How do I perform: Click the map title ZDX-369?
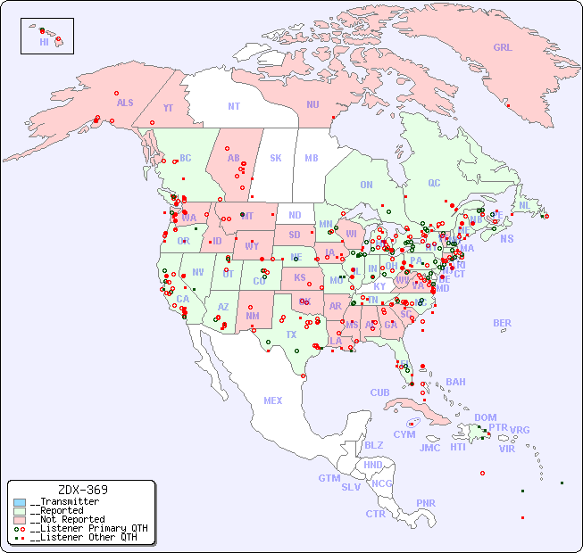(82, 490)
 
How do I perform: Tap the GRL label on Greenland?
(503, 47)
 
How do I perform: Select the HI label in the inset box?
(44, 42)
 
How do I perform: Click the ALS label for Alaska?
(125, 103)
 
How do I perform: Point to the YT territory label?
(168, 108)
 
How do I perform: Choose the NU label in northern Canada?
(312, 104)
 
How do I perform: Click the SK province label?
(276, 158)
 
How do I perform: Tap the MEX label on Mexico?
(273, 400)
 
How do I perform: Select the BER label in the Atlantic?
(503, 323)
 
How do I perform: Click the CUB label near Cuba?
(379, 392)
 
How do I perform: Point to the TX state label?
(291, 334)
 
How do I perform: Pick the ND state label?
(295, 215)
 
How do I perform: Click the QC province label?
(434, 183)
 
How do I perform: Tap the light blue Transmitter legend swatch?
(20, 502)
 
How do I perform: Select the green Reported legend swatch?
(20, 511)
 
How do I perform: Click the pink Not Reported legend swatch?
(20, 519)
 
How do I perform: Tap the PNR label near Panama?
(426, 503)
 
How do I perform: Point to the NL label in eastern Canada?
(524, 204)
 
